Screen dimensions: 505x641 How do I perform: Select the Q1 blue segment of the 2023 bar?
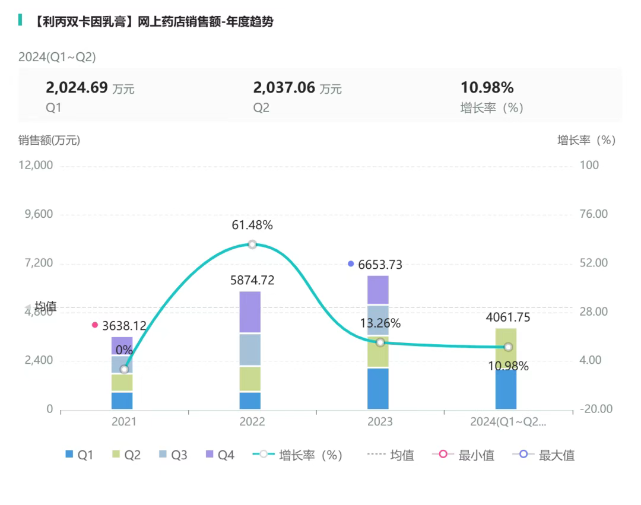[x=378, y=389]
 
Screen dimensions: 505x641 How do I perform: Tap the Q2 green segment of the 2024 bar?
[x=506, y=348]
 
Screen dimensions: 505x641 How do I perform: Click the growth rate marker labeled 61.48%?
[x=252, y=244]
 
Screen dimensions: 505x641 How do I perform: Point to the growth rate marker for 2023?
[x=380, y=342]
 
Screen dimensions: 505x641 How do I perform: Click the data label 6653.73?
[x=380, y=265]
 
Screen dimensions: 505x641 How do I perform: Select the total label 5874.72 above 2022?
[x=252, y=280]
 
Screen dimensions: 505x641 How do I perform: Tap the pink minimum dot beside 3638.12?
[x=95, y=325]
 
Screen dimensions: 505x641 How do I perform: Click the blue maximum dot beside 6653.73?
[x=351, y=263]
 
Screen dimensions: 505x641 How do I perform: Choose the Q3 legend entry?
[x=172, y=455]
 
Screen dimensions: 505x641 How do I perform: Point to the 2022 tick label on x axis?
[x=252, y=422]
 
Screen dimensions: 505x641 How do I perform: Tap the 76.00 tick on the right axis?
[x=594, y=214]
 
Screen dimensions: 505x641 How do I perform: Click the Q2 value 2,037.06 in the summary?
[x=284, y=88]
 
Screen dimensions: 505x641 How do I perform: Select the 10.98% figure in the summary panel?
[x=487, y=88]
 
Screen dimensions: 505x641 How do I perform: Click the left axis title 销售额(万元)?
[x=49, y=140]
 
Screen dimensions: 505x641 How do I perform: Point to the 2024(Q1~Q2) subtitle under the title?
[x=57, y=57]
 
